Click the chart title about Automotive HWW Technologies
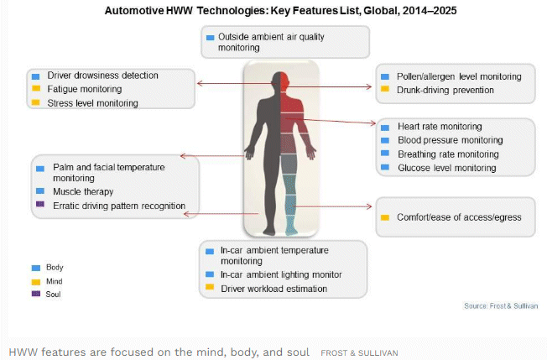coord(280,11)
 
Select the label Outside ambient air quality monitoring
coord(271,42)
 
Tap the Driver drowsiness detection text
coord(102,76)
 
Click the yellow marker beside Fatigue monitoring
coord(36,88)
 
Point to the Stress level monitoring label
coord(93,103)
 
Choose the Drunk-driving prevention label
coord(445,90)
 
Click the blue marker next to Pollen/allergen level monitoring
coord(385,76)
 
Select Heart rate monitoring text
coord(440,126)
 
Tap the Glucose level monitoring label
coord(447,168)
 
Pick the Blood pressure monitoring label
coord(451,140)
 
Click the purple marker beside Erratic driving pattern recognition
coord(40,204)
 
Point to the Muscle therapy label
coord(83,191)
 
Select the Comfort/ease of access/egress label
coord(459,217)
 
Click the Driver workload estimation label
coord(273,289)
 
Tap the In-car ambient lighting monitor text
coord(281,275)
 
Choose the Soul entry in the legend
coord(53,294)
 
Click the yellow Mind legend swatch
coord(36,282)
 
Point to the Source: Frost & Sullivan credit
coord(501,306)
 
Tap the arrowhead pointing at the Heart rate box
coord(373,123)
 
